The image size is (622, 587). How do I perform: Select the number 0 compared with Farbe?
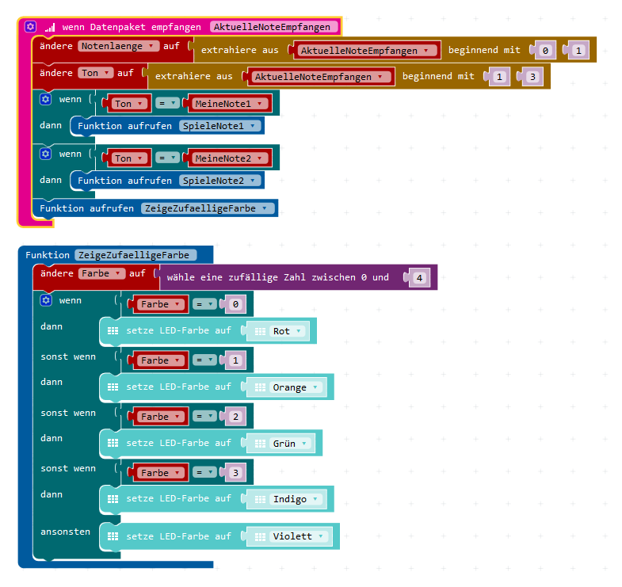pos(235,304)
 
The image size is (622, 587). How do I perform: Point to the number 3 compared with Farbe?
pos(235,473)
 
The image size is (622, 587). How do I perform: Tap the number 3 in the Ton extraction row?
pos(532,77)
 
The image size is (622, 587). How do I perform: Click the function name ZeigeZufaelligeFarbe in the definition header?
pos(136,255)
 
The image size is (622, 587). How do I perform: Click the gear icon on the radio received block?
pos(31,27)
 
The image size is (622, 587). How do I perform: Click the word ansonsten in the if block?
pos(66,532)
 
